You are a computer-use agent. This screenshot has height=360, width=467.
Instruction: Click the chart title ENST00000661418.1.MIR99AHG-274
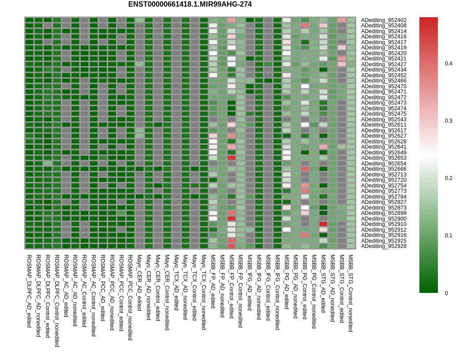(190, 4)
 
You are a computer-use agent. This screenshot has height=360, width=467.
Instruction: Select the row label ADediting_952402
(384, 20)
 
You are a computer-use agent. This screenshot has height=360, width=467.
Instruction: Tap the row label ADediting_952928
(384, 246)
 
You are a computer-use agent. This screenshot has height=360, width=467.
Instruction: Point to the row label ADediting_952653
(384, 158)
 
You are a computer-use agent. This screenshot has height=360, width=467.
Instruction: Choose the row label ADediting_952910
(384, 224)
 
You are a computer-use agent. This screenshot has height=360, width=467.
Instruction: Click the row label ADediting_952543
(384, 120)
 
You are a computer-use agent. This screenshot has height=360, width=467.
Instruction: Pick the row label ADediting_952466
(384, 81)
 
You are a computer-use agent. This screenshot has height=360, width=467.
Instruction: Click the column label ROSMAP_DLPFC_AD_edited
(29, 291)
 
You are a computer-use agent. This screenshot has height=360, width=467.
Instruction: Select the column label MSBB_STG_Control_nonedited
(351, 293)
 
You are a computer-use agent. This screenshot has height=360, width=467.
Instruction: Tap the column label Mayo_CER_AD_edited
(139, 283)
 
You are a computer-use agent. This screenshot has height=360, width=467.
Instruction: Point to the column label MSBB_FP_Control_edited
(232, 286)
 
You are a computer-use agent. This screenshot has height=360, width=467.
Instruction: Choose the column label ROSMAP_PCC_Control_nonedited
(130, 297)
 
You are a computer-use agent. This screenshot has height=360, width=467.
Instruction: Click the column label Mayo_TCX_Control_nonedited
(204, 292)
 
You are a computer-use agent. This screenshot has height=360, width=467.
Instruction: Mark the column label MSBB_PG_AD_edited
(287, 281)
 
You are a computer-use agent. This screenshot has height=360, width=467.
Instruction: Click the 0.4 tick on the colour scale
(448, 64)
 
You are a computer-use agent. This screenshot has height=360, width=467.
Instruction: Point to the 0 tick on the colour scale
(446, 293)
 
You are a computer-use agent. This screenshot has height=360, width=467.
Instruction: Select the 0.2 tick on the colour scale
(448, 178)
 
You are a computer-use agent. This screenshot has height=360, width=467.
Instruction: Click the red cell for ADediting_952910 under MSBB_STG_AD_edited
(323, 224)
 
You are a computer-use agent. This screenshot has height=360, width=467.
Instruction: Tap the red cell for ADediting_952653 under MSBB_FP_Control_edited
(232, 158)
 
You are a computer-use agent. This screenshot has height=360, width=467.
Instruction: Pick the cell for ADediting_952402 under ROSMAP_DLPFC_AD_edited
(29, 20)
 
